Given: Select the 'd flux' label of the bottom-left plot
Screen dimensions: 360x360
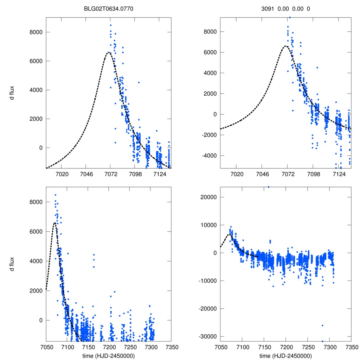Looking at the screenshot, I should [x=12, y=264].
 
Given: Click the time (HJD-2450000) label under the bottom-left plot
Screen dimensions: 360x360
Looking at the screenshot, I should [x=109, y=356].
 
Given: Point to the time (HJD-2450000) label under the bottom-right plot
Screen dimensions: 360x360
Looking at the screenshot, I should [x=285, y=356].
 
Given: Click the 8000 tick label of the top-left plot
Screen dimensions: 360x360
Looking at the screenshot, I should [x=35, y=32].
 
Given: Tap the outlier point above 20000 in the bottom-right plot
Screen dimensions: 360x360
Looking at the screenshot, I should [x=269, y=187].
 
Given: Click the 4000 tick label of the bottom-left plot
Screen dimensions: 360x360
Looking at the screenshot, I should [x=35, y=261].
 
